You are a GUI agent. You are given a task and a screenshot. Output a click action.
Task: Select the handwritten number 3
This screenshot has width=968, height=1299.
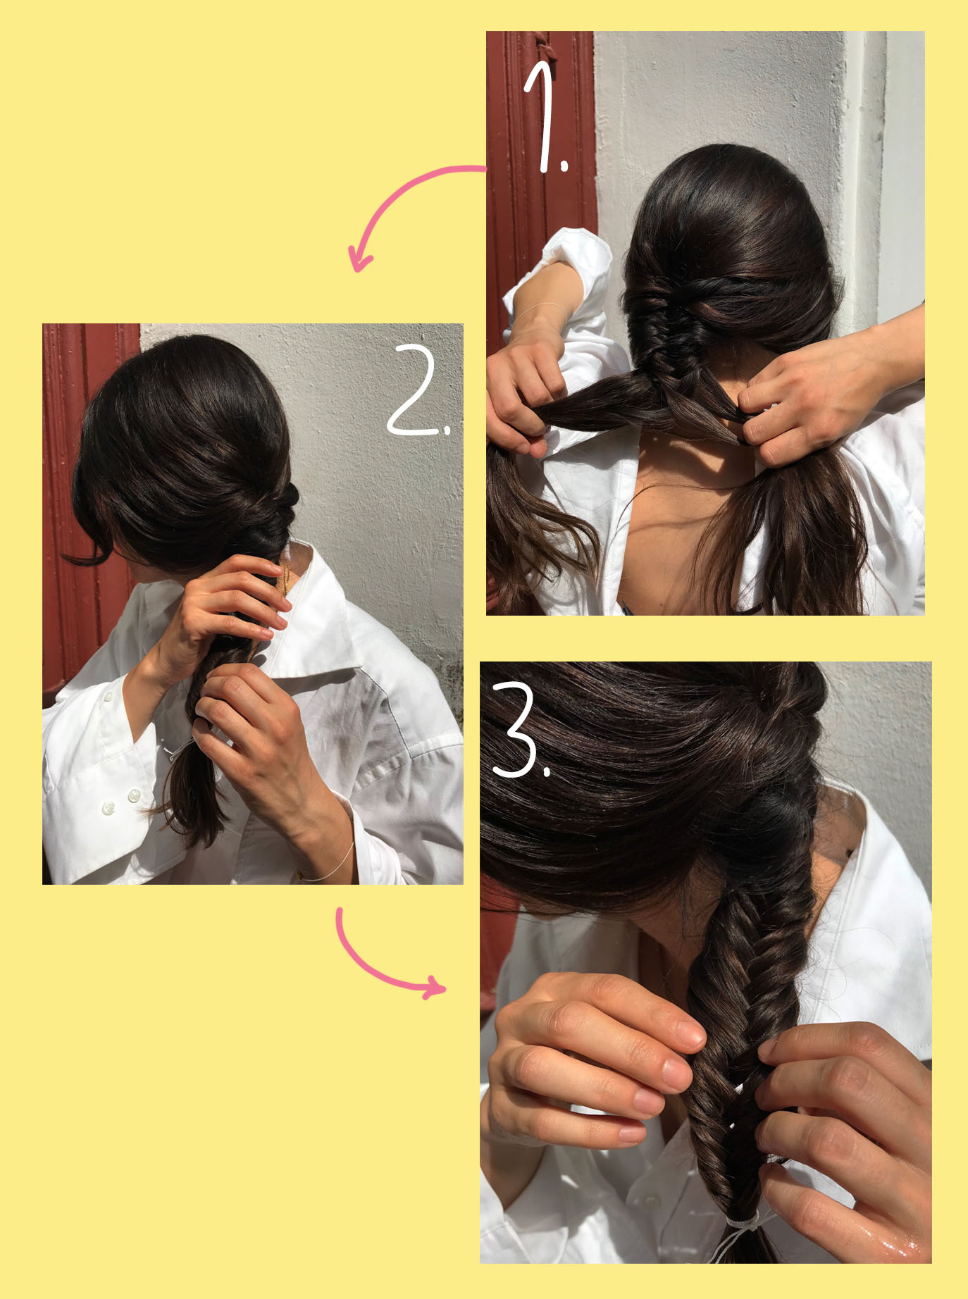[520, 730]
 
